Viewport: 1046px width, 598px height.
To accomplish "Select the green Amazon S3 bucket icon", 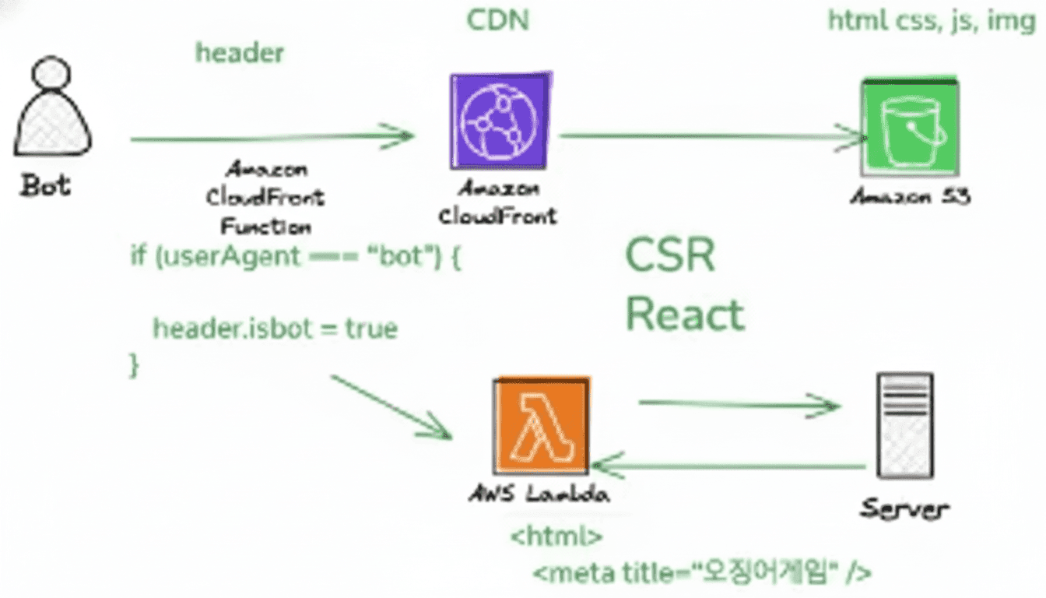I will tap(910, 128).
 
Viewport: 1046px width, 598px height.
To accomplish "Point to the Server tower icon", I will tap(904, 425).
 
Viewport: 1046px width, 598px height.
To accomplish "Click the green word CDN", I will tap(497, 20).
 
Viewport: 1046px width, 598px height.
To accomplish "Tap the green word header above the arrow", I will tap(240, 53).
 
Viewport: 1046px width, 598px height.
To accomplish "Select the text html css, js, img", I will tap(931, 20).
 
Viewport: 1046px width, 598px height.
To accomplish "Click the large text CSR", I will tap(670, 255).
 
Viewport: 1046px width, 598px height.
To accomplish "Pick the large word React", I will tap(685, 315).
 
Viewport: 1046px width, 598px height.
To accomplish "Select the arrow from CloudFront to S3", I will tap(711, 136).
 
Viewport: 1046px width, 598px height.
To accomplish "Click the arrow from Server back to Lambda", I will tap(728, 467).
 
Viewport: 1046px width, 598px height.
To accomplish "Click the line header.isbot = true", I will tap(275, 329).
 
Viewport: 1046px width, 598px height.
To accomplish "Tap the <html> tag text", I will tap(556, 536).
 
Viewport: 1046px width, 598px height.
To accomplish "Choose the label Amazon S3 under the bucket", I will tap(910, 196).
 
